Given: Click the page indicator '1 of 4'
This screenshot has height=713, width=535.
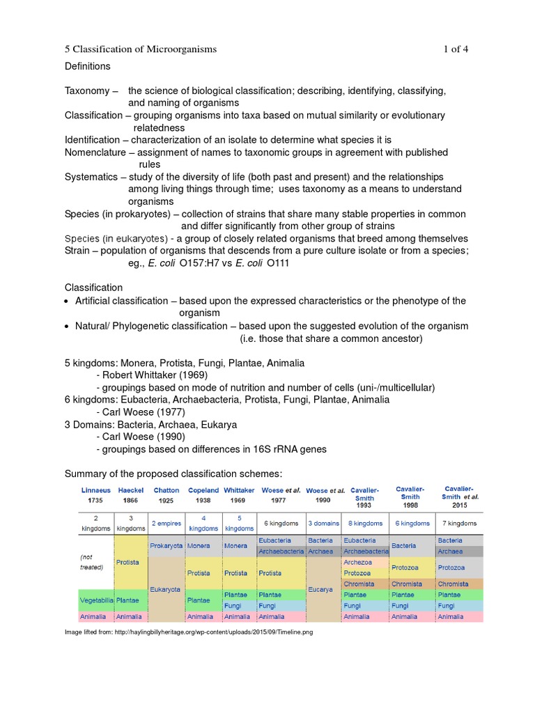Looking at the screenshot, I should point(456,49).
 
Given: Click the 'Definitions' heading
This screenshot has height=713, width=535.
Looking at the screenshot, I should point(88,66).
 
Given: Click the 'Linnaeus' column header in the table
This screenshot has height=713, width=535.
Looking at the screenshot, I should point(95,490).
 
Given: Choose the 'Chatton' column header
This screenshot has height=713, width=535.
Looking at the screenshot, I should point(166,490).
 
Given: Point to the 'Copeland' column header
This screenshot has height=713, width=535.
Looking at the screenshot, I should point(203,490).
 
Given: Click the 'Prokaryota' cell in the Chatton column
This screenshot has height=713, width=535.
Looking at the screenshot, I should point(166,546).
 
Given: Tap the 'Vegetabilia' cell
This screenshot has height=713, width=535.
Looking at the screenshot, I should point(95,599).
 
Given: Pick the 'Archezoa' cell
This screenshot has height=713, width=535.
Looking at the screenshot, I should point(357,562).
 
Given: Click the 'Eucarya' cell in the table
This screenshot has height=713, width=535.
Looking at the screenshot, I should point(322,589).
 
